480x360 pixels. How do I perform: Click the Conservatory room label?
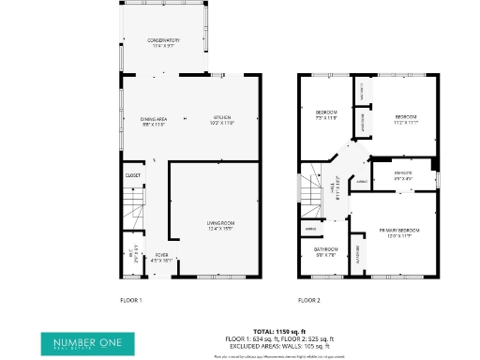162,43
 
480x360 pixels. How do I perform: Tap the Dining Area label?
153,121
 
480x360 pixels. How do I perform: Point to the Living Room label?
219,224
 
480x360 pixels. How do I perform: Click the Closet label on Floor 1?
132,174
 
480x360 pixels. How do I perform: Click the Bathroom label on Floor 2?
325,251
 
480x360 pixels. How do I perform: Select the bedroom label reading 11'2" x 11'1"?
406,119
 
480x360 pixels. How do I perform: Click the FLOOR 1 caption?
130,300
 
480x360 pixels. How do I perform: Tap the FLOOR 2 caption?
308,300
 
